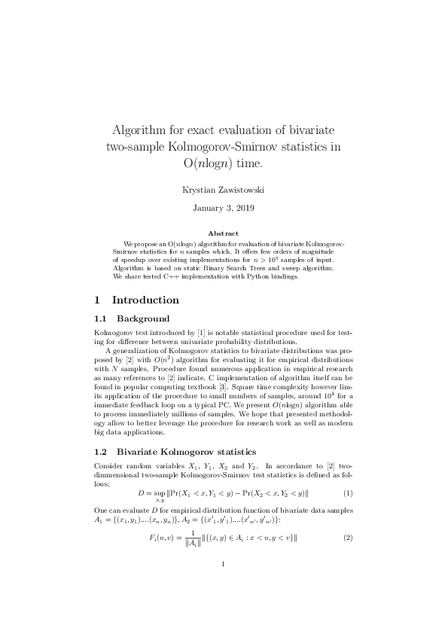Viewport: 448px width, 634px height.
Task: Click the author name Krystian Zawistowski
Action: coord(224,190)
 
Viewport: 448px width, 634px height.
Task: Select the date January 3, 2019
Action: coord(224,206)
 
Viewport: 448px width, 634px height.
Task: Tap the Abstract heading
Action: coord(224,233)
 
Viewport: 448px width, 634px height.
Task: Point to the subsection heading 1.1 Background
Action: coord(132,319)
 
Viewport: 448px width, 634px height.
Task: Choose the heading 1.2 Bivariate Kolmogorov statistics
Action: coord(175,452)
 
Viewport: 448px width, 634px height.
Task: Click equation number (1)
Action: coord(348,493)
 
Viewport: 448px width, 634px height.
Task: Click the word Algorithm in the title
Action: coord(145,130)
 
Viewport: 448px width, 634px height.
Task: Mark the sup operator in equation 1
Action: coord(160,494)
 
